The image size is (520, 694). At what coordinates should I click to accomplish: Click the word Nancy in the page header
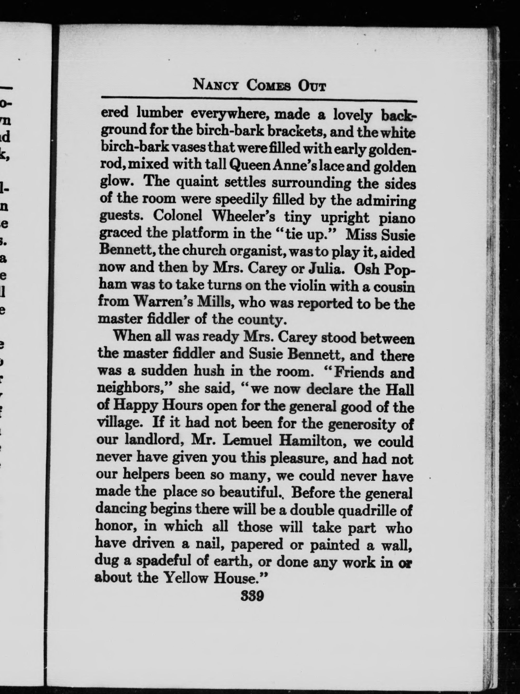click(x=217, y=85)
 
